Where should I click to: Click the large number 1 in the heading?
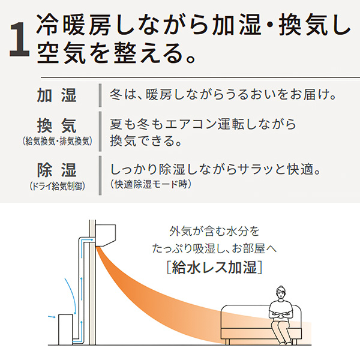tap(20, 39)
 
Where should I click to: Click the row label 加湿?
tap(57, 95)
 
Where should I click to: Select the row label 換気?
tap(57, 126)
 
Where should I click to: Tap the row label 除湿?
tap(57, 170)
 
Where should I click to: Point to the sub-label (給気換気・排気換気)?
tap(58, 141)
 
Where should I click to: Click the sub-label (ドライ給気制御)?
tap(58, 186)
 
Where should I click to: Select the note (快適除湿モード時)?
tap(151, 184)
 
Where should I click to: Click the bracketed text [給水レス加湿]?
tap(214, 267)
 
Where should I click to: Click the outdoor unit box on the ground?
tap(65, 329)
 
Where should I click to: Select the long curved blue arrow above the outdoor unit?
tap(72, 296)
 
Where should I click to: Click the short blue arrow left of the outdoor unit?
tap(52, 317)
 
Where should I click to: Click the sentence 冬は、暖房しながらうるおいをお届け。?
tap(223, 95)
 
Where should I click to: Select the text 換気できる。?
tap(146, 141)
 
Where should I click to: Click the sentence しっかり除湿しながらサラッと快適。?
tap(215, 170)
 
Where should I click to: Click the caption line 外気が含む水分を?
tap(214, 231)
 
